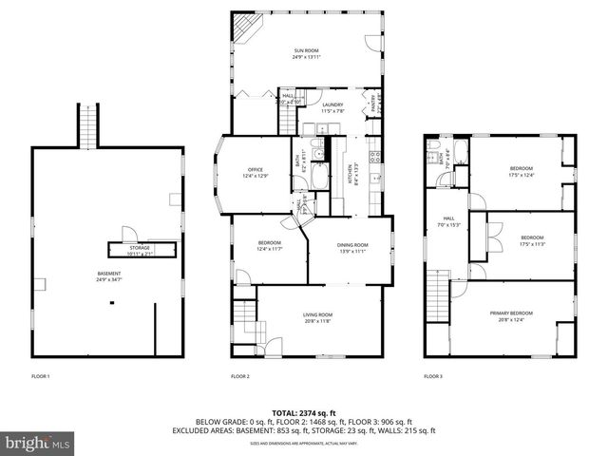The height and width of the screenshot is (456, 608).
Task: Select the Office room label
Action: (x=256, y=172)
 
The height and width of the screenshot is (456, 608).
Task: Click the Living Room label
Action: (x=317, y=317)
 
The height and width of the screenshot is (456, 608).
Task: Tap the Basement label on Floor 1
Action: (x=109, y=275)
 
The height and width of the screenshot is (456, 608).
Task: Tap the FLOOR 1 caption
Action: (x=40, y=376)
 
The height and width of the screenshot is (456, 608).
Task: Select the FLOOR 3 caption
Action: (x=433, y=376)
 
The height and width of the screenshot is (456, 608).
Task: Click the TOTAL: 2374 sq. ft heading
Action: (x=304, y=412)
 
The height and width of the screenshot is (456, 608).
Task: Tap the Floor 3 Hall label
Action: (x=449, y=223)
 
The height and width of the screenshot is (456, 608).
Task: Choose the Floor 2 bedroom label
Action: (x=269, y=246)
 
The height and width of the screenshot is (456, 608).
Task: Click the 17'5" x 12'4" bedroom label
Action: (x=522, y=172)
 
